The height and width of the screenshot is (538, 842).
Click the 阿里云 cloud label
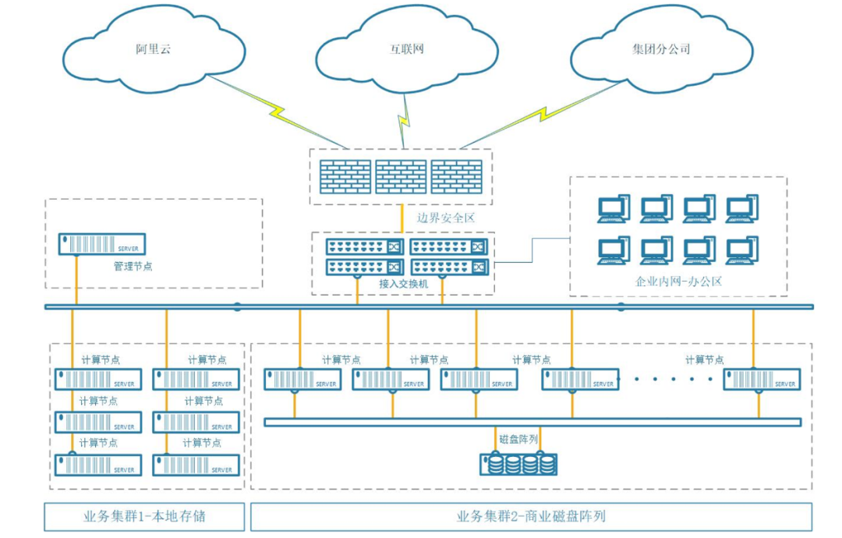click(x=153, y=49)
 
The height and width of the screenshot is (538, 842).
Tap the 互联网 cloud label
click(x=407, y=49)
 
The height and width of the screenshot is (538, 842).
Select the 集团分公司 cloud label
click(x=661, y=49)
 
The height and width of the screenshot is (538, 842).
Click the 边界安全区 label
click(x=445, y=218)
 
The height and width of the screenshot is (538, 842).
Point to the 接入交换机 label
click(x=403, y=284)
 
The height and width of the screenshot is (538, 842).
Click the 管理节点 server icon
click(x=104, y=244)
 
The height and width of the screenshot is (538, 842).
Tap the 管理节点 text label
click(x=133, y=266)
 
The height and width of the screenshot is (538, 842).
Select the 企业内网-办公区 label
click(x=678, y=281)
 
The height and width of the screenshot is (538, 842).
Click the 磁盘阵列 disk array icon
click(x=518, y=465)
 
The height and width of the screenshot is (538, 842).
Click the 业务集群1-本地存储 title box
click(x=144, y=516)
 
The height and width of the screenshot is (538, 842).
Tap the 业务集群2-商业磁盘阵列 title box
click(x=531, y=516)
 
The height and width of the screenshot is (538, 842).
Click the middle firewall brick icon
click(x=401, y=177)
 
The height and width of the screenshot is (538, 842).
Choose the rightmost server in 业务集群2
click(x=761, y=380)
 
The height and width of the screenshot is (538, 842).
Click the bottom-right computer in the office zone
click(x=741, y=250)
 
